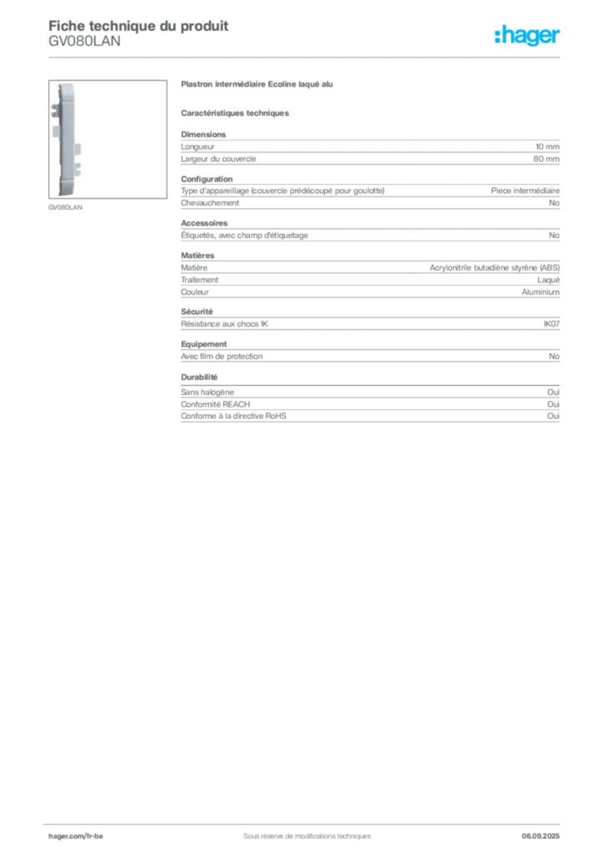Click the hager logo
(x=526, y=35)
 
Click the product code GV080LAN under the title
(x=84, y=42)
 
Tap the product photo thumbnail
(x=107, y=139)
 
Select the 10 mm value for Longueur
(x=547, y=147)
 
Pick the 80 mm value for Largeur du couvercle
(x=546, y=159)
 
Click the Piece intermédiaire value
(x=525, y=191)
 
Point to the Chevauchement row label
(x=210, y=203)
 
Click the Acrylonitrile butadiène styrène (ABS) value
(x=494, y=267)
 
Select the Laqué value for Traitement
(x=548, y=280)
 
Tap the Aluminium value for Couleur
(x=541, y=292)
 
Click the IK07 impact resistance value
(x=551, y=324)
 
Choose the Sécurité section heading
(x=197, y=312)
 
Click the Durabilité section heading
(x=199, y=377)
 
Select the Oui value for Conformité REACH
(x=553, y=404)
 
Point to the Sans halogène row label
(x=207, y=392)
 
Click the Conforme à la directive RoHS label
(x=233, y=417)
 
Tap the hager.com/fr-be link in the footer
(x=76, y=836)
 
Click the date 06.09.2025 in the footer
(x=541, y=836)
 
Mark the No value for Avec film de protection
(x=554, y=357)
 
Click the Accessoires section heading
(x=204, y=223)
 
